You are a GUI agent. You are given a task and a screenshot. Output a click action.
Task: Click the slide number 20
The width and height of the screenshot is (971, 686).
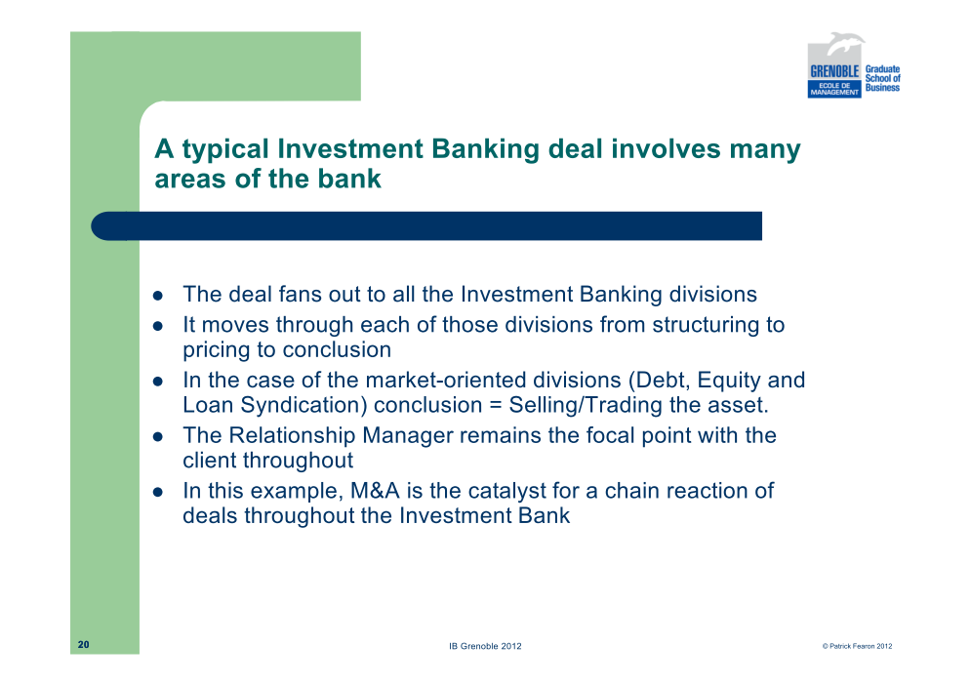pyautogui.click(x=84, y=644)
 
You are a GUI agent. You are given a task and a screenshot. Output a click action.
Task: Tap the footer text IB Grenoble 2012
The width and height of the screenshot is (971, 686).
pyautogui.click(x=486, y=646)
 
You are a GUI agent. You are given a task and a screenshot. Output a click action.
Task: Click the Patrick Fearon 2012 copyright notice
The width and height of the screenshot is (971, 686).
pyautogui.click(x=857, y=646)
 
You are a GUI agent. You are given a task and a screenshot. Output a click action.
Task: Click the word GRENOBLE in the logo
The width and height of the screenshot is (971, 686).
pyautogui.click(x=834, y=71)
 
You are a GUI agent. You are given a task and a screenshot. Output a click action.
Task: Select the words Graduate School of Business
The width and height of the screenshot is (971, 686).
pyautogui.click(x=882, y=78)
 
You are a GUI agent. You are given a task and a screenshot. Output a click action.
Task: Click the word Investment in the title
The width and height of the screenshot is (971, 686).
pyautogui.click(x=350, y=148)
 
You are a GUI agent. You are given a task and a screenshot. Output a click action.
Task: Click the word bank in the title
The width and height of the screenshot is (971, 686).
pyautogui.click(x=349, y=179)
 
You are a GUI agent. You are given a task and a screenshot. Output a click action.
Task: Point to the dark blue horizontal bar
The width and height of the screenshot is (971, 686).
pyautogui.click(x=426, y=226)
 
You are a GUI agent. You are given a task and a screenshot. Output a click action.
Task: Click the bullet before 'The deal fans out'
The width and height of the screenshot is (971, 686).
pyautogui.click(x=158, y=296)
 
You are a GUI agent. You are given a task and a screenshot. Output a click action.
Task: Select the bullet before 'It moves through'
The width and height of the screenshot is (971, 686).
pyautogui.click(x=158, y=326)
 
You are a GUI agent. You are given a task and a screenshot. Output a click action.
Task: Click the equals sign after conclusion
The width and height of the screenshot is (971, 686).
pyautogui.click(x=496, y=406)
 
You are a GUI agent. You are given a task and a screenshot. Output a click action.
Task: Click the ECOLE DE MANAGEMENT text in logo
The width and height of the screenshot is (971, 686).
pyautogui.click(x=834, y=89)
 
